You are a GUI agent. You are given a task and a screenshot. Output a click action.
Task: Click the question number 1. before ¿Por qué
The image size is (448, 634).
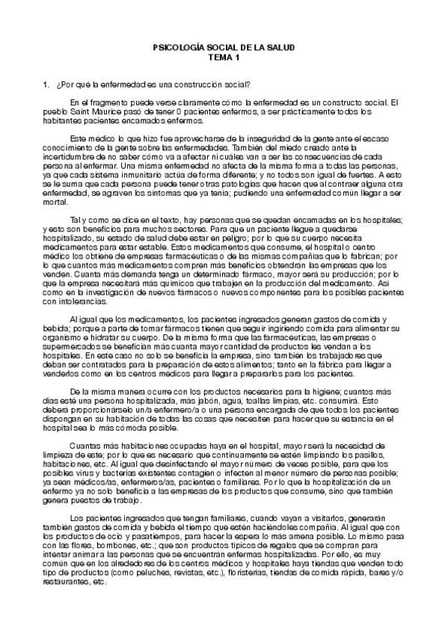pos(46,84)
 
